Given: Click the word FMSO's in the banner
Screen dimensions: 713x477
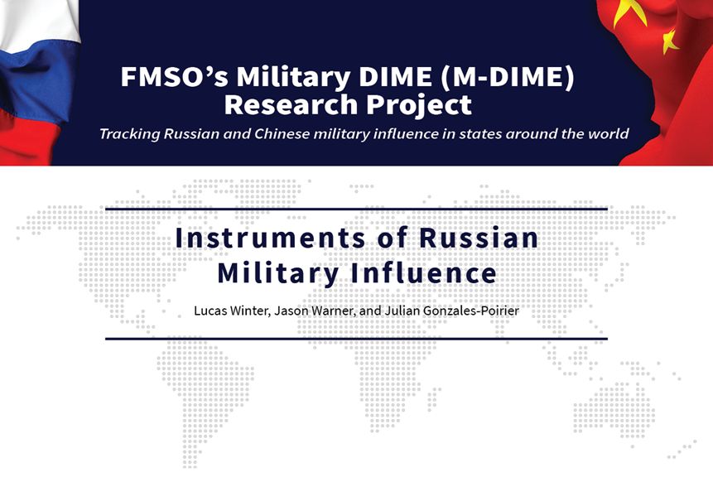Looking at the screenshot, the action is point(174,76).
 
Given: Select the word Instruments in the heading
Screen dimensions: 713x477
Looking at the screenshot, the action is point(270,238).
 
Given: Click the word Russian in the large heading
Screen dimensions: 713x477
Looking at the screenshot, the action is point(479,238).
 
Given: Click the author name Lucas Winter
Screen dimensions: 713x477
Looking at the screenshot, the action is point(233,311).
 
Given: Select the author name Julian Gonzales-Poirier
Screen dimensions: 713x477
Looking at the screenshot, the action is point(452,311).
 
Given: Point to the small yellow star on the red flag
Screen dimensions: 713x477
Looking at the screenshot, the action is point(670,41).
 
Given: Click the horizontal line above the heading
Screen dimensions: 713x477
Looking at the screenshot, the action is point(356,210).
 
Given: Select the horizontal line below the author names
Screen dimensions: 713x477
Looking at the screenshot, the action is point(356,339).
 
